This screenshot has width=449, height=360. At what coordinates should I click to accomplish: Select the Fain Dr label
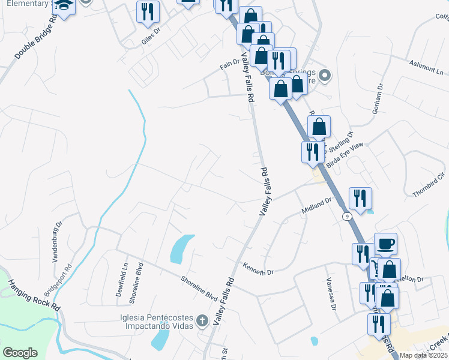[x=229, y=62]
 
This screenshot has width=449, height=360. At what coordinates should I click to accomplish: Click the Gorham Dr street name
[x=378, y=98]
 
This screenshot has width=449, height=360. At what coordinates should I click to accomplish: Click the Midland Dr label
[x=316, y=208]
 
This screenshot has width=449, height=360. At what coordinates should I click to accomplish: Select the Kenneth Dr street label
[x=258, y=269]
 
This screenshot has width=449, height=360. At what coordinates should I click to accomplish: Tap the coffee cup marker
[x=385, y=244]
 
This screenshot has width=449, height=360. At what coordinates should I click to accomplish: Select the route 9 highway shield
[x=347, y=215]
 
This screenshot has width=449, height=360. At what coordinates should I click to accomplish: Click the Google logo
[x=20, y=353]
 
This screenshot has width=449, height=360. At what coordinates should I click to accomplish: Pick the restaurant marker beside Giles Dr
[x=146, y=11]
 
